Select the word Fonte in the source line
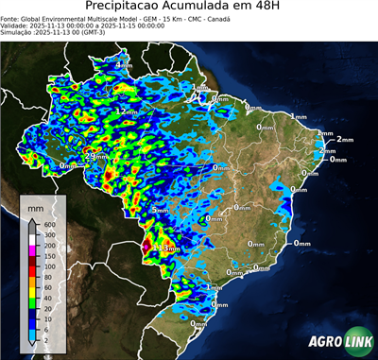(12, 18)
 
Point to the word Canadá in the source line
(219, 18)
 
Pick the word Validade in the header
(17, 26)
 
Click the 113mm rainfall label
(163, 249)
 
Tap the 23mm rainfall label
(96, 156)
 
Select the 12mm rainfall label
(127, 111)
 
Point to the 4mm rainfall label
(124, 64)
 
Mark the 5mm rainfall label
(160, 210)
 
